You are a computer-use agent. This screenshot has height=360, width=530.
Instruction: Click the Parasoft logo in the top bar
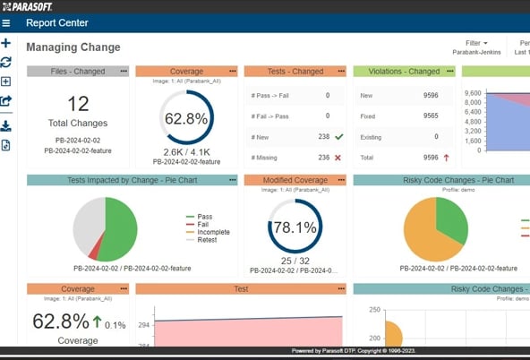point(28,5)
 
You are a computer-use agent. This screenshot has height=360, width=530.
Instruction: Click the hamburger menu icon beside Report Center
point(6,23)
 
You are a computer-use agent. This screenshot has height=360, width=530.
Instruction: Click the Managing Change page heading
point(73,47)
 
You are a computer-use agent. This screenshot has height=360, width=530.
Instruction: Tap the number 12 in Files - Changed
point(78,104)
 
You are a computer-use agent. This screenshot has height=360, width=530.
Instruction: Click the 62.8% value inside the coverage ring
point(186,118)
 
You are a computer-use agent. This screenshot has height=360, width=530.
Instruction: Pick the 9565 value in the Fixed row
point(430,116)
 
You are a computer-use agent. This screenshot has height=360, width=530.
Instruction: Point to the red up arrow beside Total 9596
point(446,158)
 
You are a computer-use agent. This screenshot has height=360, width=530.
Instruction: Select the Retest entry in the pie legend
point(208,240)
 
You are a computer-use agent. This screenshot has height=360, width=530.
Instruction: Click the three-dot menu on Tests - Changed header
point(341,71)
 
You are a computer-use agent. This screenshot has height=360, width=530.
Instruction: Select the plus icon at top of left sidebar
point(6,43)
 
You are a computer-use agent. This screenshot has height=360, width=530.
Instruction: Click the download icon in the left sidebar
point(6,125)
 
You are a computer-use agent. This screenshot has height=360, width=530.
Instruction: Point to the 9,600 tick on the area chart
point(474,93)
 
